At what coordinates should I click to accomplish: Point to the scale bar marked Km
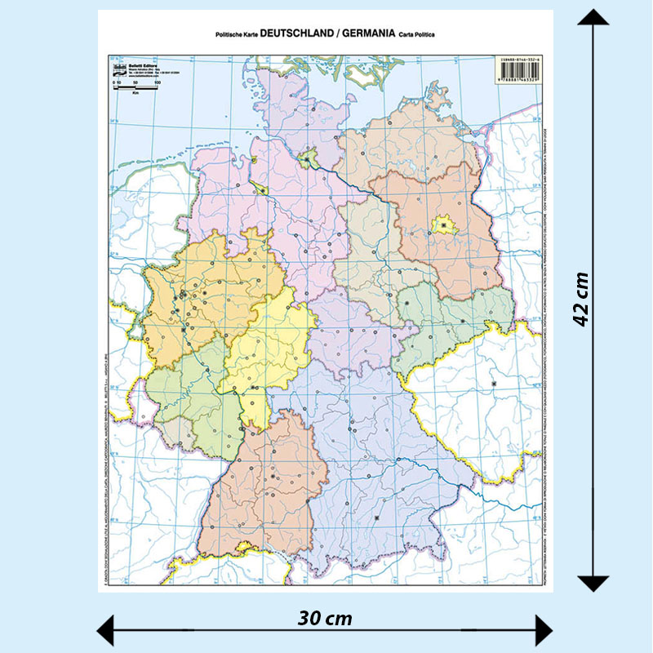point(134,89)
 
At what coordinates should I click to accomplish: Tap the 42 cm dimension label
point(581,299)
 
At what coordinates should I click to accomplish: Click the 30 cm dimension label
point(325,618)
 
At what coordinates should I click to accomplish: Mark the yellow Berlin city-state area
point(443,224)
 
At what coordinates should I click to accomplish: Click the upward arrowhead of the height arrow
point(593,18)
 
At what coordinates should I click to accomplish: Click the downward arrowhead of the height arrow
point(593,583)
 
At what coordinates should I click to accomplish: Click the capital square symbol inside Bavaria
point(376,518)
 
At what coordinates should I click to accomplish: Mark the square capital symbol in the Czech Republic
point(494,384)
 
